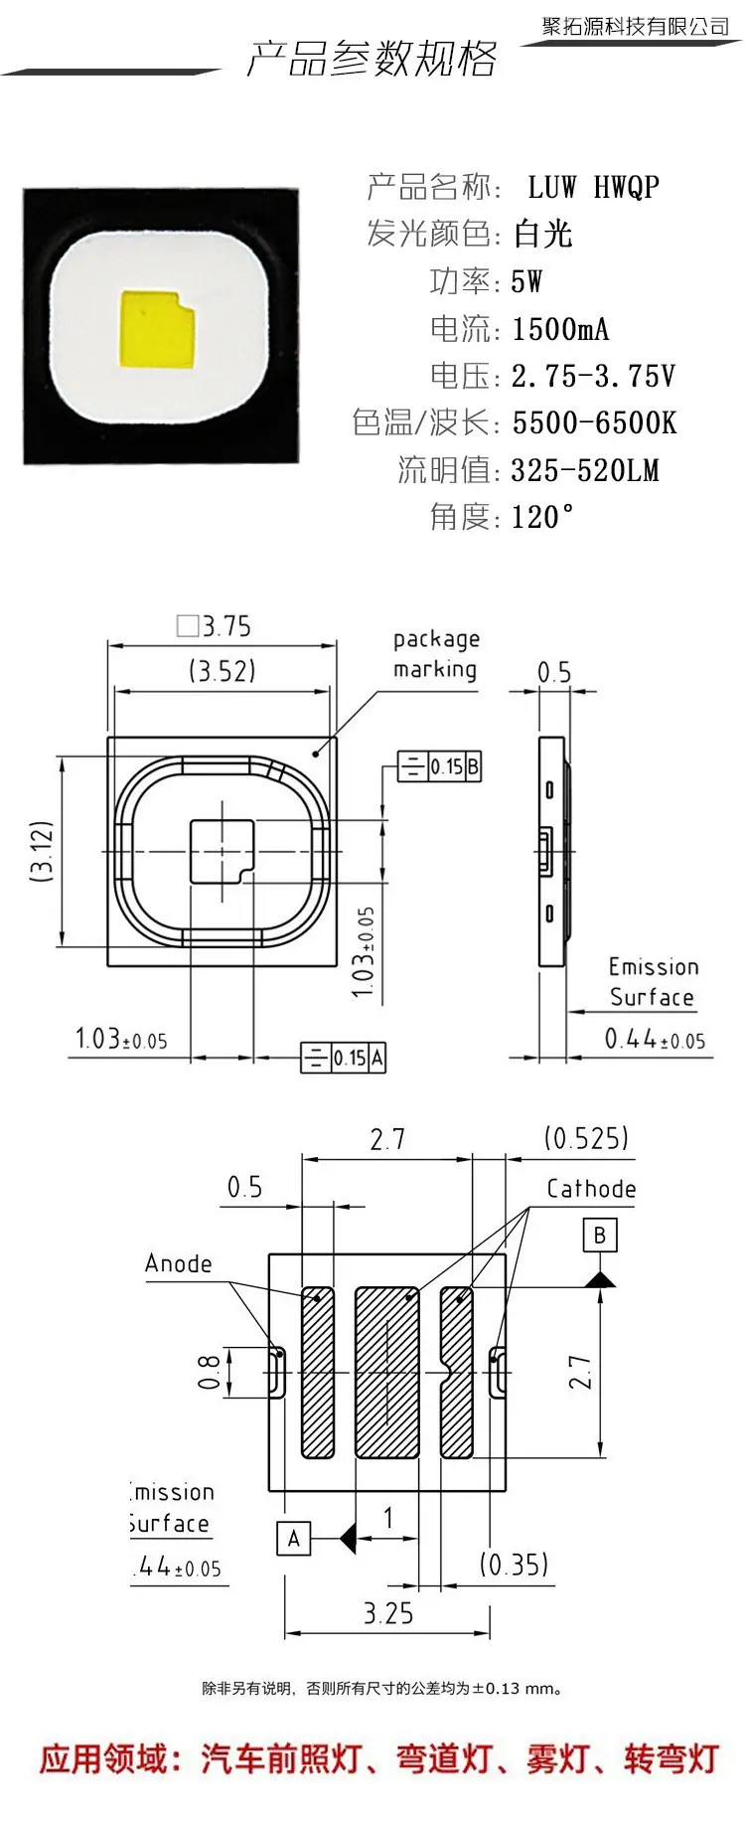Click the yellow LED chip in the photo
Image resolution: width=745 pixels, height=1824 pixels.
[156, 328]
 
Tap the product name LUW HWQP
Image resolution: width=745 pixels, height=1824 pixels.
[593, 187]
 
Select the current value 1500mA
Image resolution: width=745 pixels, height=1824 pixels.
[560, 329]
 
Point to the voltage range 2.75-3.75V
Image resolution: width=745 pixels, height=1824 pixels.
[593, 376]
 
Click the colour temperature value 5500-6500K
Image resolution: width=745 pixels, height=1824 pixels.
[594, 422]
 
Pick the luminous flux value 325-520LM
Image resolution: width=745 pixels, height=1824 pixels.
[585, 469]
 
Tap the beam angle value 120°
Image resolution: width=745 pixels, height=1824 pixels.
[543, 516]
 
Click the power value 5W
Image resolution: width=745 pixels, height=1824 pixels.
[526, 281]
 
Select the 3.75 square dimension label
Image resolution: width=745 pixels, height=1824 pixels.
[215, 626]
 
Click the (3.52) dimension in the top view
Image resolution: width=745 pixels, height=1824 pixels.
[223, 671]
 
